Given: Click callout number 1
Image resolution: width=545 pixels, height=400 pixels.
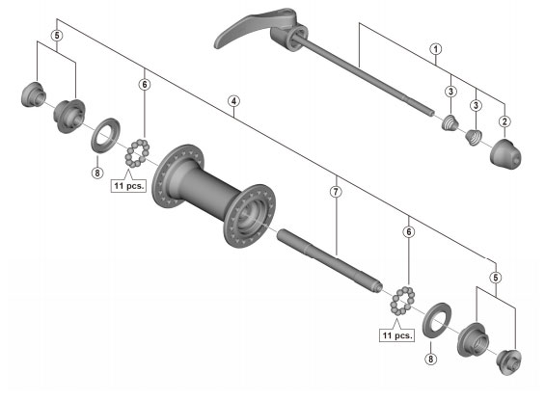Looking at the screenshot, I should point(435,48).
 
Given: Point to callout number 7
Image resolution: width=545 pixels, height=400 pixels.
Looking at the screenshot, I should point(336,192).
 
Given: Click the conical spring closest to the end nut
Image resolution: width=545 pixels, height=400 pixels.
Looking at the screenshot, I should point(474,137).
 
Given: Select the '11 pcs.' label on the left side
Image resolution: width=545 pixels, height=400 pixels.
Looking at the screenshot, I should point(127,187).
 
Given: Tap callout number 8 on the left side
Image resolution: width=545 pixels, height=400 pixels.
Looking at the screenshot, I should point(95,173).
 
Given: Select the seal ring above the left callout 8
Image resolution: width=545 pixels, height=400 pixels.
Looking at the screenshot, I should point(103,134).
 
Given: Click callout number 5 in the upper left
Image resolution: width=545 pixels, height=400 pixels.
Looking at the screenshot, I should point(57,36).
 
